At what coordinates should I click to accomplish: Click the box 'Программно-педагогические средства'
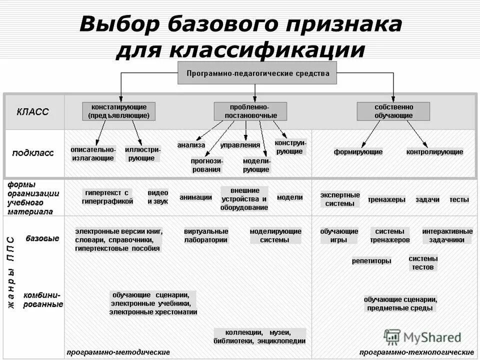[258, 73]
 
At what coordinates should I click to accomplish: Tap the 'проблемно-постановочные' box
[250, 111]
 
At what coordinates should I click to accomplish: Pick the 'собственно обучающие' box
[393, 111]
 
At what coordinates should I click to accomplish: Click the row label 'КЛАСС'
[33, 112]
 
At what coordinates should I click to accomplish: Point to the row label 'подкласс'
[33, 153]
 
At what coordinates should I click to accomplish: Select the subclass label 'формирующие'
[358, 152]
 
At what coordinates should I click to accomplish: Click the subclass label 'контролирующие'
[434, 152]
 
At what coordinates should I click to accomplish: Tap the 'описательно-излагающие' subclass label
[93, 153]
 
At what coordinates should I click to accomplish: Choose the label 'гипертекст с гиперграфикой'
[107, 197]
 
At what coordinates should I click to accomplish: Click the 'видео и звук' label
[158, 197]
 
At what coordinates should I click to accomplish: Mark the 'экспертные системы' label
[340, 199]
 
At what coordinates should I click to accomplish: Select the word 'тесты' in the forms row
[459, 199]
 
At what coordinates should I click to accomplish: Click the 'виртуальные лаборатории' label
[206, 235]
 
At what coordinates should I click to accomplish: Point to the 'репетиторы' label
[371, 261]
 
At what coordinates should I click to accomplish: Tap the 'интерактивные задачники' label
[447, 235]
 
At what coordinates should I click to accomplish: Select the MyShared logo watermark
[423, 336]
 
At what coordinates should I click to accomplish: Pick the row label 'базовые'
[42, 238]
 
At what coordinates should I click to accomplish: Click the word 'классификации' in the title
[267, 50]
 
